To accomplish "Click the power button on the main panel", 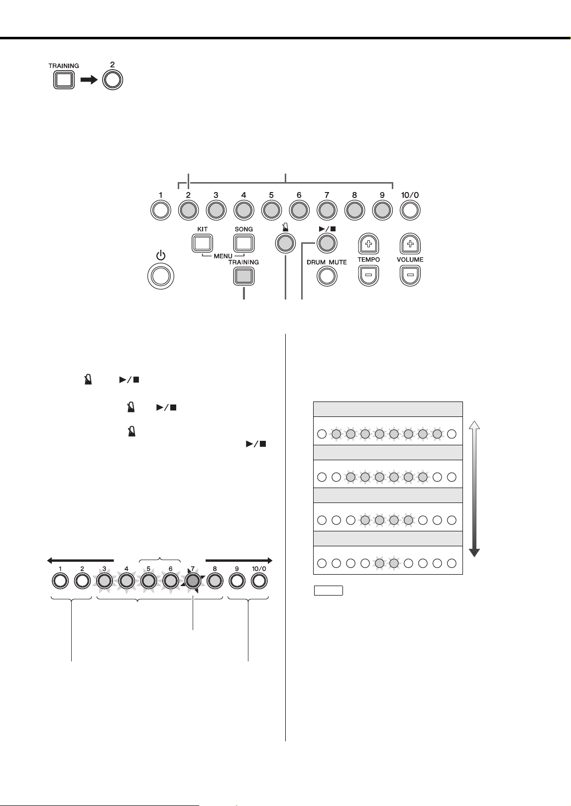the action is (161, 276).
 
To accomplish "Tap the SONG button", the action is (244, 244).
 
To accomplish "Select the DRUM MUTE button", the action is (327, 276).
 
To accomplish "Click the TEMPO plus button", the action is (369, 244).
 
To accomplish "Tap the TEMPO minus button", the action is (369, 276).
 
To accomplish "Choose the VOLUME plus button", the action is (410, 244).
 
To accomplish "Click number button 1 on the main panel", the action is (161, 210).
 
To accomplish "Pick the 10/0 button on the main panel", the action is (410, 210).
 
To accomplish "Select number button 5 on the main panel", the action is (271, 210).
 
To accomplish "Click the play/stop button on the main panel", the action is (327, 243).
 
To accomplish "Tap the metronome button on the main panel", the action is (286, 244).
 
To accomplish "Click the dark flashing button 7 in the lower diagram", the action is (193, 581).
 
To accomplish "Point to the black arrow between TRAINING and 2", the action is (89, 80).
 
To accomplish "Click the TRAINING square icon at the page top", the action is (64, 80).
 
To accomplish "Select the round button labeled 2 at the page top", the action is (113, 80).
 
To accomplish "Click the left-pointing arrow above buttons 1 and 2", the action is (80, 560).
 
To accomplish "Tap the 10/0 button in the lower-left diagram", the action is (259, 581).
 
